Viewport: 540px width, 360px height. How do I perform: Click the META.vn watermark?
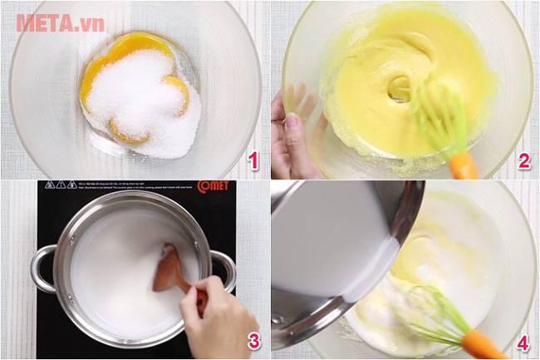[60, 22]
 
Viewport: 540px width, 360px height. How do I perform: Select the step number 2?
[523, 160]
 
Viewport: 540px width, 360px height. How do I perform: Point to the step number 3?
[254, 341]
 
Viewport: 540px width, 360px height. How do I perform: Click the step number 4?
[523, 341]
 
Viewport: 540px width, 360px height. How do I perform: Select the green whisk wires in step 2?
[436, 117]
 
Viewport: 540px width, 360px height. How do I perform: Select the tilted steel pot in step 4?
[332, 249]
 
